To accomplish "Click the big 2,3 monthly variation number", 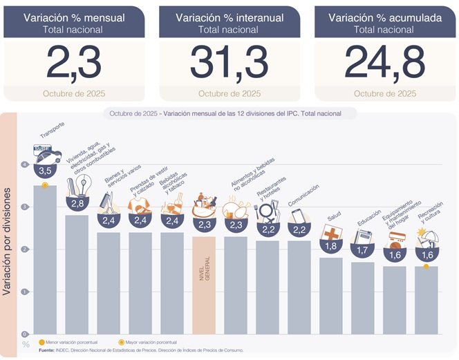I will point(74,63).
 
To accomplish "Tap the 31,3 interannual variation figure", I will point(229,63).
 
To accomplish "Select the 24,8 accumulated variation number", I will point(384,63).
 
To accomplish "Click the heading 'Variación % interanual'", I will point(230,18).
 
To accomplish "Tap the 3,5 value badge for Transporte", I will point(45,170).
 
